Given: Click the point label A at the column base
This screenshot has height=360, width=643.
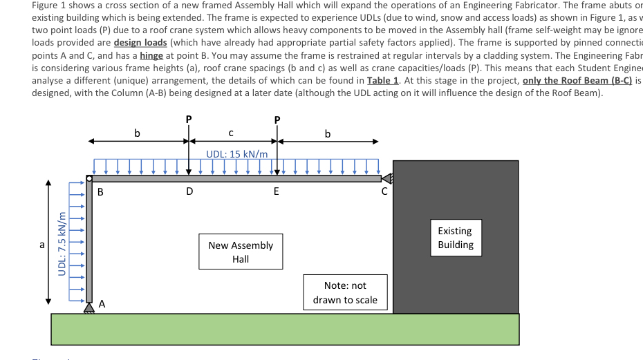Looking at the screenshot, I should pos(102,303).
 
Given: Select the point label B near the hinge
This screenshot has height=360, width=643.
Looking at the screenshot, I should pos(100,192).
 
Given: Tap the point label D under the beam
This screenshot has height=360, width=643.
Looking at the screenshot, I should pos(189,192).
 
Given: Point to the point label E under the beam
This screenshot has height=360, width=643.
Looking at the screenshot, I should pos(277,192).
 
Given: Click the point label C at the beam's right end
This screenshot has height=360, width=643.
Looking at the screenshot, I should pos(384,192).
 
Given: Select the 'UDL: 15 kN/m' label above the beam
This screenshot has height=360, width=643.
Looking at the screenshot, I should pos(237,153).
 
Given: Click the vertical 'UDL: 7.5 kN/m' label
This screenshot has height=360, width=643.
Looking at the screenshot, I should pos(62,243).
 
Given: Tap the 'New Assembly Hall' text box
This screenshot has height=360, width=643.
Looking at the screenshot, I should pos(241,252).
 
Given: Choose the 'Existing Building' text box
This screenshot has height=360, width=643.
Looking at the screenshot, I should pos(455,238).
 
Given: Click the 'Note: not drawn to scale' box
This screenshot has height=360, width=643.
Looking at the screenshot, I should pos(345,292).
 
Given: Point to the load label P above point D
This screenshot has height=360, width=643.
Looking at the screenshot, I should pos(189,119).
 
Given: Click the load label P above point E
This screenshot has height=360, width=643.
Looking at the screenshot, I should pos(277,119).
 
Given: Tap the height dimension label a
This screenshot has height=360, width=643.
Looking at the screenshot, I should pos(42,245).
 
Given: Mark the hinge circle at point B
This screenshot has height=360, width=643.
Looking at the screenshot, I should pos(89,179).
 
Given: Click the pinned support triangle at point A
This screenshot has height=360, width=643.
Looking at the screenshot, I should pos(88,309).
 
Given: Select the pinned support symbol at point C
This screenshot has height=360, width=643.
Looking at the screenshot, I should pos(387,178).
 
